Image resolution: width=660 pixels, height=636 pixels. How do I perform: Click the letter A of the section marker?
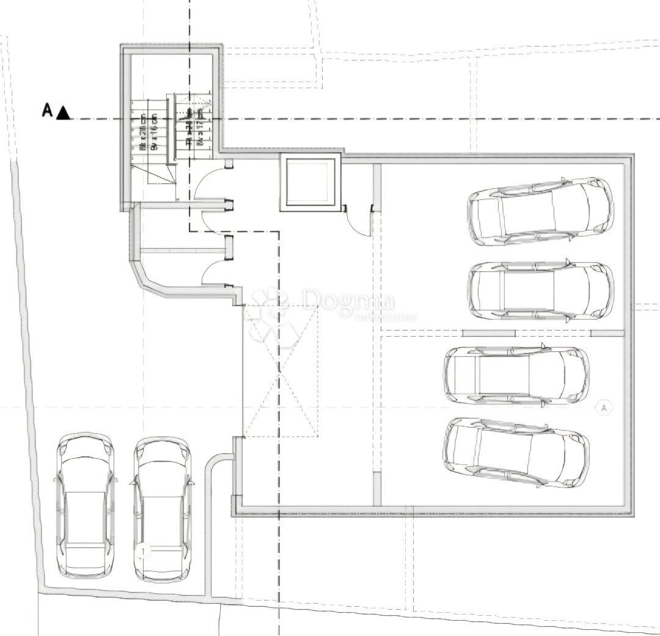[47, 110]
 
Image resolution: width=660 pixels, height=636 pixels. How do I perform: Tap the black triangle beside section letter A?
[64, 113]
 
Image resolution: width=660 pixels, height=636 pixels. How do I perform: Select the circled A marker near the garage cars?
[604, 407]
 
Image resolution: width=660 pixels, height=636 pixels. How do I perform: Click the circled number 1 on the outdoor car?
[144, 552]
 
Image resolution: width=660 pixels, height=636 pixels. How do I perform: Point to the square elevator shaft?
[310, 182]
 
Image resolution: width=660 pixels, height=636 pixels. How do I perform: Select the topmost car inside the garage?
[540, 211]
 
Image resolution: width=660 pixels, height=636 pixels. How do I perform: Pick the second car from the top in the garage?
[541, 290]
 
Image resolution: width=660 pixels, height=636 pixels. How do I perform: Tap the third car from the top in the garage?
[516, 375]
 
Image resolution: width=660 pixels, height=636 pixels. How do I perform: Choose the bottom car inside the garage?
[516, 452]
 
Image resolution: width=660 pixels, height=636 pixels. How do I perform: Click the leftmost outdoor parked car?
[86, 505]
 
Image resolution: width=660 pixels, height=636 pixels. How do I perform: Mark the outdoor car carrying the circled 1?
[162, 508]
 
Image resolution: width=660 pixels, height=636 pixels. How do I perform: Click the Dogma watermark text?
[348, 301]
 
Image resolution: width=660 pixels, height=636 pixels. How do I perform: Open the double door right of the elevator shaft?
[359, 219]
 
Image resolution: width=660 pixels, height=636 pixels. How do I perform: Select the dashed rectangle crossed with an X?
[280, 371]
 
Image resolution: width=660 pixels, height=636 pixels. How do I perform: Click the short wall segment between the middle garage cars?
[489, 333]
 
